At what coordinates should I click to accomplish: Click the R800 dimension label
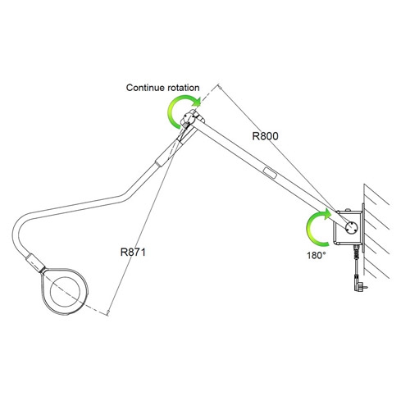265,136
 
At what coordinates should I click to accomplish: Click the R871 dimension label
133,252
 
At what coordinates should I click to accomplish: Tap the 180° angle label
317,256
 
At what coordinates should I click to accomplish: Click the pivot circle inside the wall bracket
351,227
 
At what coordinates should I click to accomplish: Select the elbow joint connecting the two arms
193,118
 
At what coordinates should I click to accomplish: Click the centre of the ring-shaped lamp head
65,291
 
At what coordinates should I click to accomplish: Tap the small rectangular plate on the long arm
270,173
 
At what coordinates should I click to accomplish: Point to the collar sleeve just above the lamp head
35,263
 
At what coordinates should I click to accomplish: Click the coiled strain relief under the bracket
357,253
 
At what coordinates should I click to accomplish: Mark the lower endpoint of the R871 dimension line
108,312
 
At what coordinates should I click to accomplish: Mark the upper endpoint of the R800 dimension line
219,87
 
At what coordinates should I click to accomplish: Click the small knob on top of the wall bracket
348,210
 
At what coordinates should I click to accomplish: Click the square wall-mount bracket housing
348,228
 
